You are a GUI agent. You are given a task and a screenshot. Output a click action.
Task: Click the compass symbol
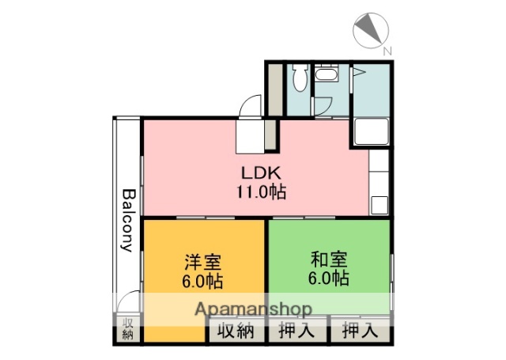370,29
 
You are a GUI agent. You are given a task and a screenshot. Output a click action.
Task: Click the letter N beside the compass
387,51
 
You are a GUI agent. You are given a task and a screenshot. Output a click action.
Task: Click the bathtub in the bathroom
370,131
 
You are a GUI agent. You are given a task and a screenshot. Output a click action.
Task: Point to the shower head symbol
358,73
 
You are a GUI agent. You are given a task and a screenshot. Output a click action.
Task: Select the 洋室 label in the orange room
203,261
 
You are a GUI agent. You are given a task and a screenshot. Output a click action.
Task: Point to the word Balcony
127,219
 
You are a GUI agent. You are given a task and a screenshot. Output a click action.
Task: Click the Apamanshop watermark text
249,309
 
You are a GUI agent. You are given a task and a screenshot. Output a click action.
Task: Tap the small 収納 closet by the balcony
127,328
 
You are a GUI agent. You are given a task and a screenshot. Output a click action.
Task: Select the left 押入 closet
296,332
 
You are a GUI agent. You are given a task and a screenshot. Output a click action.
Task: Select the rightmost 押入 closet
360,332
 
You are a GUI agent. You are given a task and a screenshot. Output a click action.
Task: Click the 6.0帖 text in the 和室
329,279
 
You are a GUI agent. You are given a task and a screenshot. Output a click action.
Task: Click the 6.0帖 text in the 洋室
203,280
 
